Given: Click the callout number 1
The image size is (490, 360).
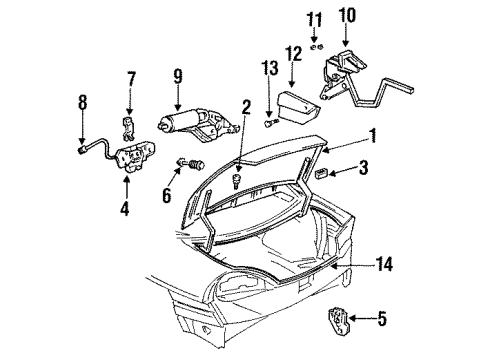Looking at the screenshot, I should tap(371, 137).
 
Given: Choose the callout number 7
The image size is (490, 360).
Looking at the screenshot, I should tap(129, 78).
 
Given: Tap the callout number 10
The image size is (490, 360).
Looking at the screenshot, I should tap(347, 18).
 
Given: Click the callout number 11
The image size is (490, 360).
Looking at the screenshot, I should tap(315, 19).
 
